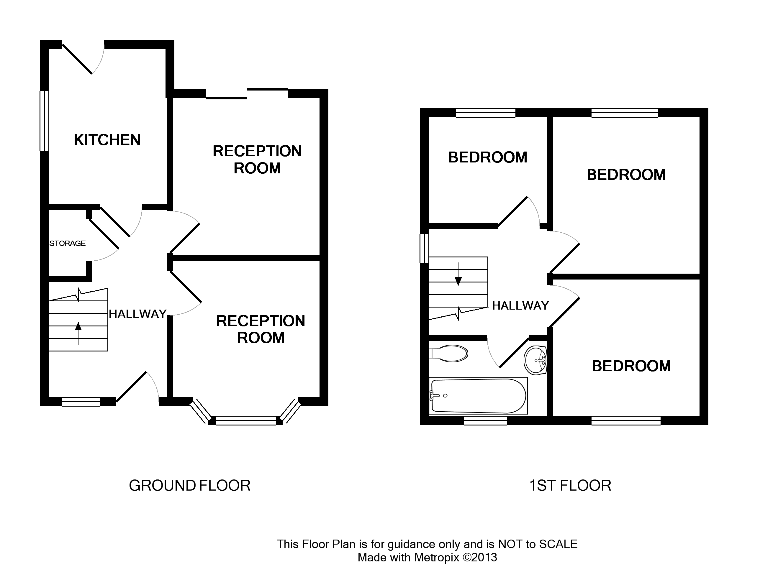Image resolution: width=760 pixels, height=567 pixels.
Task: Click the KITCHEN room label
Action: [107, 140]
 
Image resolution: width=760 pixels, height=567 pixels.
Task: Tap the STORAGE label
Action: [67, 243]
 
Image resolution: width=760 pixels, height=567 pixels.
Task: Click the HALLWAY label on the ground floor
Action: [137, 314]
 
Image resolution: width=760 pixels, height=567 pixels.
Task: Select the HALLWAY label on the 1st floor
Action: [520, 305]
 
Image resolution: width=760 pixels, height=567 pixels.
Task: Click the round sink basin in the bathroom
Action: [535, 360]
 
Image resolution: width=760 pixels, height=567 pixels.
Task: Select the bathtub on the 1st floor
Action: [478, 396]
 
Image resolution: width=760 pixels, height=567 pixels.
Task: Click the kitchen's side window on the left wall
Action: [44, 121]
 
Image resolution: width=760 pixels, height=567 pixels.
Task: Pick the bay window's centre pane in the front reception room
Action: [246, 420]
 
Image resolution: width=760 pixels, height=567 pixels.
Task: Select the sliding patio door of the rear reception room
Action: [247, 94]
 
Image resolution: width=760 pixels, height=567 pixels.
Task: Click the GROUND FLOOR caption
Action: [190, 486]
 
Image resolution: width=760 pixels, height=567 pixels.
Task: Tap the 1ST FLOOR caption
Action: [570, 486]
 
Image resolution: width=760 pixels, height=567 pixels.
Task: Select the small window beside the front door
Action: [81, 402]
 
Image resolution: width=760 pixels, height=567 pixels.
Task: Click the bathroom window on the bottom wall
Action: [485, 420]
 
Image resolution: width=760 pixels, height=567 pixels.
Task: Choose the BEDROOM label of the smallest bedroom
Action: [488, 157]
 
